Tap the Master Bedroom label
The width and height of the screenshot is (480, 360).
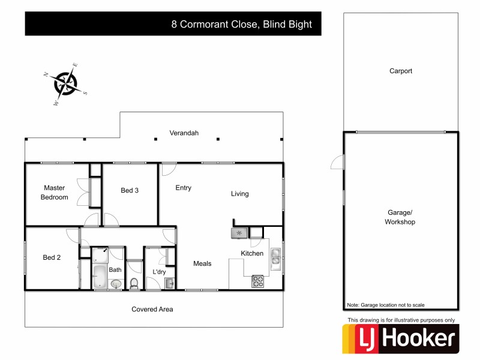point(54,193)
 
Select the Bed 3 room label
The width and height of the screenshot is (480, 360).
point(130,190)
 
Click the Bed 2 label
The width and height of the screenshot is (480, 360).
point(52,257)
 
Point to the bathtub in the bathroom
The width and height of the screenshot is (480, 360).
point(100,278)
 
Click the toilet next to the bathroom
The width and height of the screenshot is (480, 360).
point(134,283)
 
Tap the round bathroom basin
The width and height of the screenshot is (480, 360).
point(116,284)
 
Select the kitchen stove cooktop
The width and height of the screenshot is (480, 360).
point(258,279)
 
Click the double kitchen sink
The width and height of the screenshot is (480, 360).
point(275,256)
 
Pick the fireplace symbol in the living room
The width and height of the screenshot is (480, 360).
point(239,233)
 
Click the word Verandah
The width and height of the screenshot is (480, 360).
point(184,133)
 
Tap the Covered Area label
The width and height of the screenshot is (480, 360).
point(152,309)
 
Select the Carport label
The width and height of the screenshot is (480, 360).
point(401,71)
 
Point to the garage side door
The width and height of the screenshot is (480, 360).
point(338,162)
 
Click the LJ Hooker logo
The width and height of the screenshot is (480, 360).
point(400,339)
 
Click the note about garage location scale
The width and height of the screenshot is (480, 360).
point(385,305)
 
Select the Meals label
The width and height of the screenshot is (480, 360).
point(202,263)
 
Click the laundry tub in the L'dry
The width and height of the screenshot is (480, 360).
point(169,283)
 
